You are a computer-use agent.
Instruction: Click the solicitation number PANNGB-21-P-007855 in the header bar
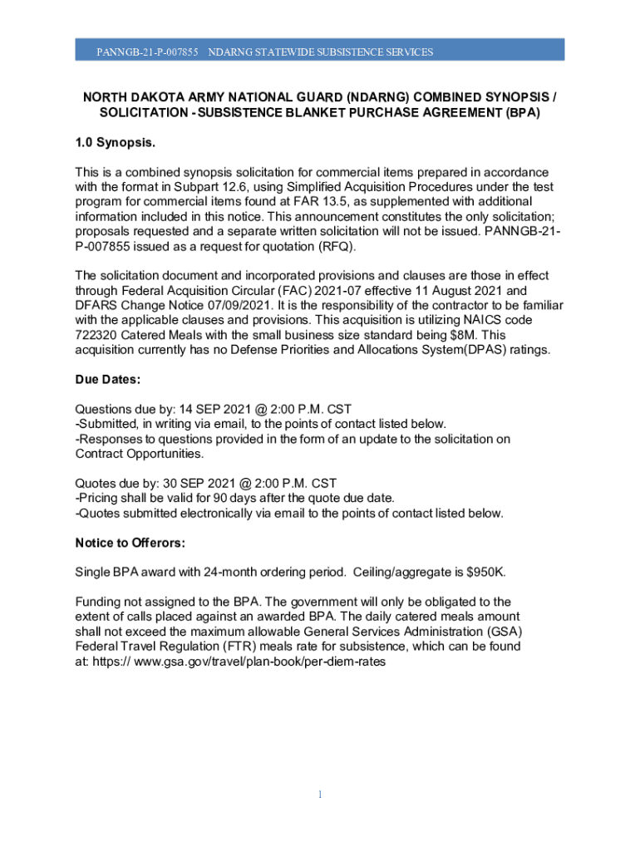pyautogui.click(x=147, y=52)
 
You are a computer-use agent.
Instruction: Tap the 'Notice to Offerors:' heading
pyautogui.click(x=130, y=543)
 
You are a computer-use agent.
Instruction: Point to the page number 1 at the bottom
pyautogui.click(x=320, y=795)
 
